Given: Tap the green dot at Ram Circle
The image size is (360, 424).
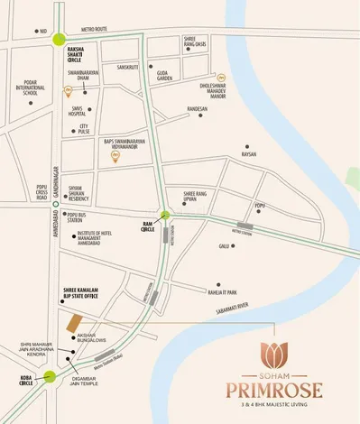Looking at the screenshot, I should (165, 215).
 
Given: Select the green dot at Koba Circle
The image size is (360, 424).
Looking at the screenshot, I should (50, 377).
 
